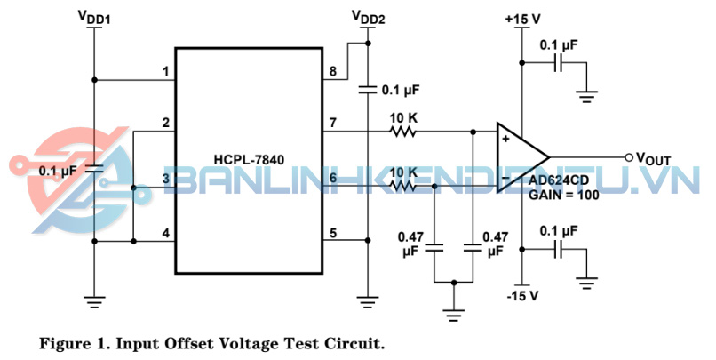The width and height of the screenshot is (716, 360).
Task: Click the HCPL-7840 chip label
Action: [249, 159]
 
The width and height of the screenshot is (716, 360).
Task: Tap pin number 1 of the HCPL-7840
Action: [164, 71]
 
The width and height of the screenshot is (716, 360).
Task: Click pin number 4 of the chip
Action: [164, 234]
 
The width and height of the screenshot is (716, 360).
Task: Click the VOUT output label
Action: [655, 158]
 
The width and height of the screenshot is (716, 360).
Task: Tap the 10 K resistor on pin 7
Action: [403, 132]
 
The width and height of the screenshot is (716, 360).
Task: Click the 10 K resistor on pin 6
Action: [403, 185]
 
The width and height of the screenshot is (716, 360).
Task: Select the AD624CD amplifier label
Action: [560, 180]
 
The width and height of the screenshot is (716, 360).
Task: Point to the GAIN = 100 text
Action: [561, 193]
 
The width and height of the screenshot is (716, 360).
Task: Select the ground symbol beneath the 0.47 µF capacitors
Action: [454, 311]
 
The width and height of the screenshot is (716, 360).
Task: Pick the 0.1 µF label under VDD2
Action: [400, 90]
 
